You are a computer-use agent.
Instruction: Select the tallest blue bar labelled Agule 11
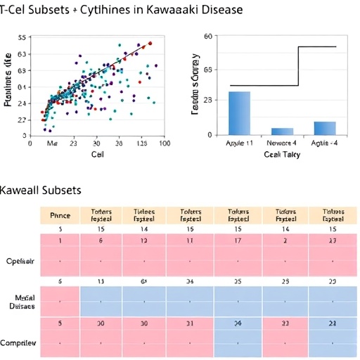pyautogui.click(x=239, y=112)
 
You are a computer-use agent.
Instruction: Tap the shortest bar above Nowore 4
pyautogui.click(x=282, y=131)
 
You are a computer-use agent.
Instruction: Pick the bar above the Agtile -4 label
pyautogui.click(x=325, y=128)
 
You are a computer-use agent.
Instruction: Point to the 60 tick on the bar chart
pyautogui.click(x=207, y=36)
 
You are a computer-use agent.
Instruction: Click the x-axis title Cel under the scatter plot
pyautogui.click(x=97, y=154)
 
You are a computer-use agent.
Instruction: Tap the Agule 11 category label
pyautogui.click(x=239, y=143)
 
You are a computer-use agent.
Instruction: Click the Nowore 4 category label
pyautogui.click(x=282, y=143)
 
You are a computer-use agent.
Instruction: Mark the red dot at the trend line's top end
pyautogui.click(x=150, y=44)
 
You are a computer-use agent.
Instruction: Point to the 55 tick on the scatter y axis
pyautogui.click(x=21, y=37)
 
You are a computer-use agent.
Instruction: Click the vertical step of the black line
pyautogui.click(x=299, y=66)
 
